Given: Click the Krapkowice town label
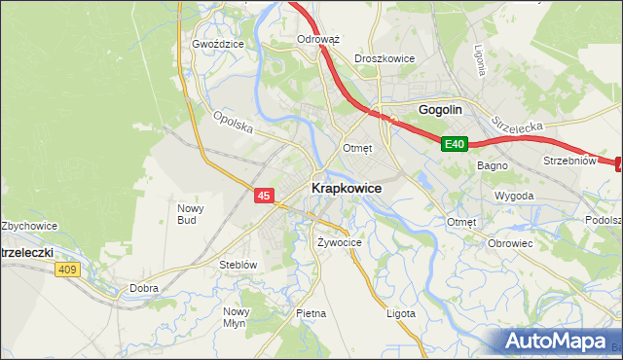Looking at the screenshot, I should click(x=346, y=188).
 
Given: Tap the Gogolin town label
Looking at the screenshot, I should click(x=439, y=110).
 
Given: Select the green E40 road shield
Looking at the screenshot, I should click(x=455, y=144).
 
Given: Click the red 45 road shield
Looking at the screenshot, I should click(x=264, y=196).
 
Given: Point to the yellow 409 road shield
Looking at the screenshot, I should click(x=66, y=270).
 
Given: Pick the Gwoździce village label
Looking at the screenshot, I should click(x=217, y=44).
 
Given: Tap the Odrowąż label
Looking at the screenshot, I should click(x=317, y=40).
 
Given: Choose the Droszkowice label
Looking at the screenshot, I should click(x=385, y=58).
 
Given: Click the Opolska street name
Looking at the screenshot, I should click(x=234, y=124).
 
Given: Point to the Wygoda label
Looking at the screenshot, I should click(x=514, y=196).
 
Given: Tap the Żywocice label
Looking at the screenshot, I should click(x=340, y=242).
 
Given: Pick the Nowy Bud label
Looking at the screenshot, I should click(x=188, y=213).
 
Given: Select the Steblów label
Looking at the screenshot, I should click(x=238, y=264).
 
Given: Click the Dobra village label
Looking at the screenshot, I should click(x=144, y=288).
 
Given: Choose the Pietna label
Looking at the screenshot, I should click(x=311, y=313).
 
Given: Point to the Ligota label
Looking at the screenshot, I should click(x=400, y=313).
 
